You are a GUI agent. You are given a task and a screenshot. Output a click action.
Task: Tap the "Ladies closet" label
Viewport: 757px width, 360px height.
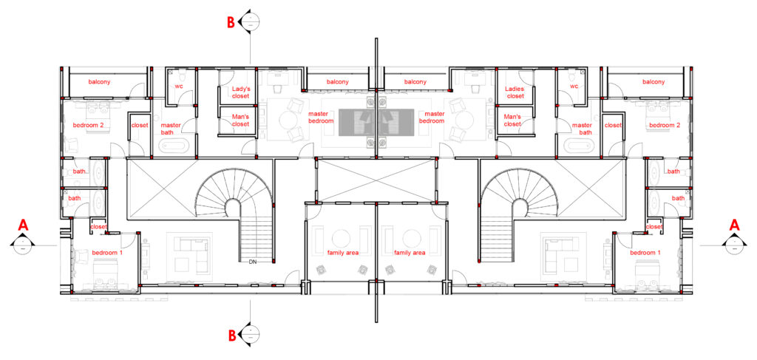[515, 92]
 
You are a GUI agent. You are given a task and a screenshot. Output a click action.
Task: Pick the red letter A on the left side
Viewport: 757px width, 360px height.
[23, 225]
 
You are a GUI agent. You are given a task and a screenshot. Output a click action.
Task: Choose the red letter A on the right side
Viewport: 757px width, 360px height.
[734, 225]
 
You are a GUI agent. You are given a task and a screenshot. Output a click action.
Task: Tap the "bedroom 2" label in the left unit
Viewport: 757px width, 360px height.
[89, 126]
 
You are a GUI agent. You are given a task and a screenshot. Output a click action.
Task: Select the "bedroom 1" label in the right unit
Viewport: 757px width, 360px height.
[645, 253]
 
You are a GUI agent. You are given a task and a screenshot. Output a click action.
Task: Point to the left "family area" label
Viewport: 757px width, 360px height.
[342, 252]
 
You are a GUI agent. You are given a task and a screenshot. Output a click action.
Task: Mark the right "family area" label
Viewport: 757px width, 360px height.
[410, 252]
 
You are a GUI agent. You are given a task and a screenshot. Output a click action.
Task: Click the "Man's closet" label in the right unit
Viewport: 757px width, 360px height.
[514, 120]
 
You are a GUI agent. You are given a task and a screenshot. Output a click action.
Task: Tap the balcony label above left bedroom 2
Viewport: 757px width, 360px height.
[99, 82]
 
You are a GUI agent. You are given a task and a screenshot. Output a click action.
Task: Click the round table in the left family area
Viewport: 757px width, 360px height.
[342, 238]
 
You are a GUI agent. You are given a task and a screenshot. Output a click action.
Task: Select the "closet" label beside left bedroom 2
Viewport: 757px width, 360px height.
[140, 126]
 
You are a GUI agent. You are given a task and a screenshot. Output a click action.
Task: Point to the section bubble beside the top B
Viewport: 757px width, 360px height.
[251, 22]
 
